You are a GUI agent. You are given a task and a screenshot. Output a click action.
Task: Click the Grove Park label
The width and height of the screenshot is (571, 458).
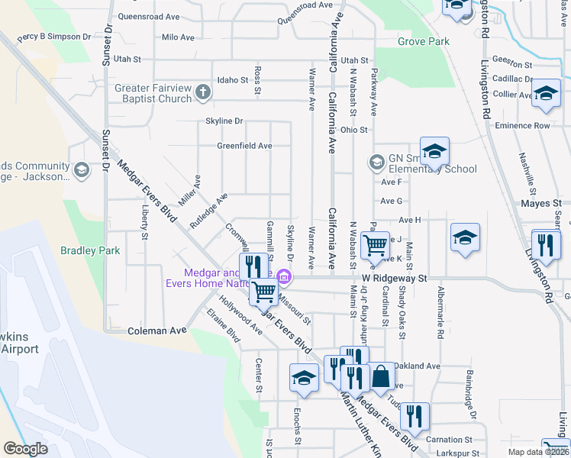(424, 41)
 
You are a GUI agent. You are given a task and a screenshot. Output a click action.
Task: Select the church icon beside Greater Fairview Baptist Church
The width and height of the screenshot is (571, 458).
(202, 93)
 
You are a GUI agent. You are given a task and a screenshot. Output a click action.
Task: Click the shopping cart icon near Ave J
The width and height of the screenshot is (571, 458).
(376, 245)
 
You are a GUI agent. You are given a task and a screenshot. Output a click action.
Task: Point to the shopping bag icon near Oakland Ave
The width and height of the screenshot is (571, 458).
(381, 376)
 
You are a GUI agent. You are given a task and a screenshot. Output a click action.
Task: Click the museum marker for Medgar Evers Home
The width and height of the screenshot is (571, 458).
(284, 276)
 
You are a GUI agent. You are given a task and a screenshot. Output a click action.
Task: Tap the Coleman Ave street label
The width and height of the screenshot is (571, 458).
(157, 331)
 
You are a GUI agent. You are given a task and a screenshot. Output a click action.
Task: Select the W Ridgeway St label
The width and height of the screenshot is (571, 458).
(397, 279)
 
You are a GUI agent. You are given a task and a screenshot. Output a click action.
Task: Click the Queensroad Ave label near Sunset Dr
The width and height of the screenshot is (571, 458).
(148, 15)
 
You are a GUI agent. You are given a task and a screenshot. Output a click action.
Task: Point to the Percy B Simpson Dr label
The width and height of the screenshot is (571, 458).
(54, 37)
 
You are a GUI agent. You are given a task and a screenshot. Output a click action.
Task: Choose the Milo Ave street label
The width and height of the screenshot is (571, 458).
(179, 37)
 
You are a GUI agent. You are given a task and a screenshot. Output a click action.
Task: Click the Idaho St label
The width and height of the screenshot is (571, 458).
(233, 79)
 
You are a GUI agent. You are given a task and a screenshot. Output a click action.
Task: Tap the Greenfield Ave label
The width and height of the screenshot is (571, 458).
(244, 145)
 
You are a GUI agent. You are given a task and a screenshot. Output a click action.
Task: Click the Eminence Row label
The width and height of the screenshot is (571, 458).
(522, 125)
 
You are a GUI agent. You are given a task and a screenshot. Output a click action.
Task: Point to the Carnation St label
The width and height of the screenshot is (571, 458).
(445, 440)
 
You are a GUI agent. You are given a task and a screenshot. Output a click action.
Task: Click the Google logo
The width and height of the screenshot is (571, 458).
(25, 449)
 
